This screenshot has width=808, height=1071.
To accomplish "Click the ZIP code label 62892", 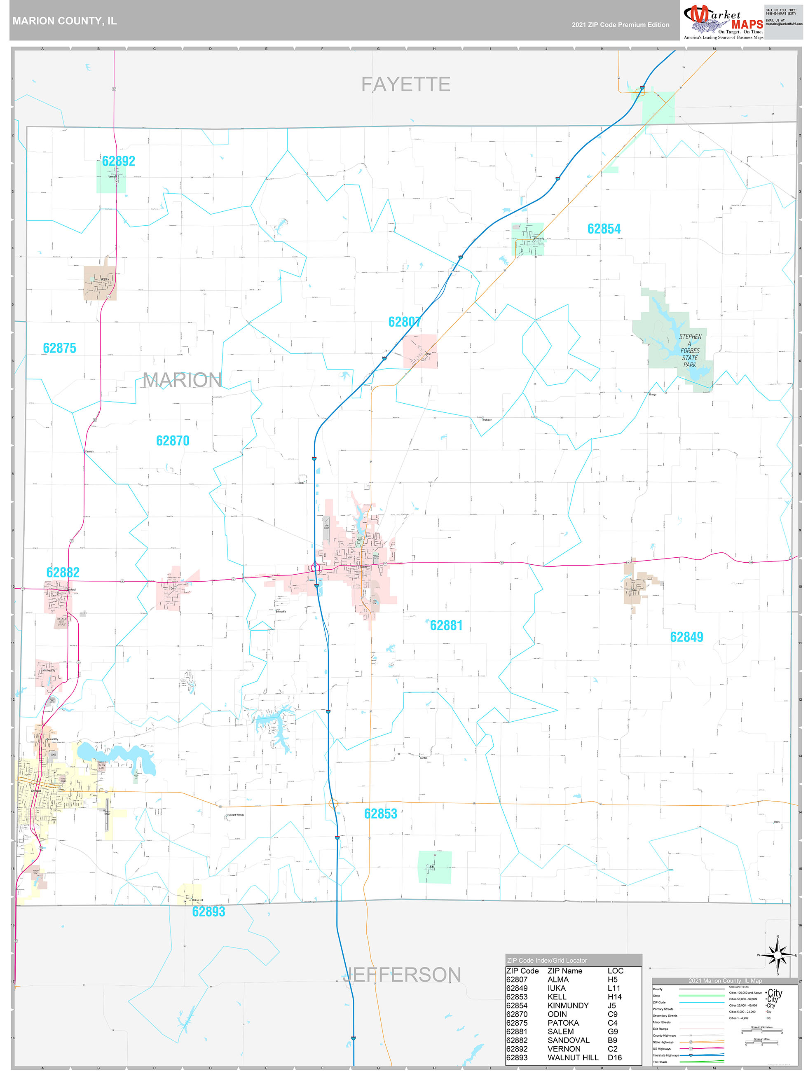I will [118, 161].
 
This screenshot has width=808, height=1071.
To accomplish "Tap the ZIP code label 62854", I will [604, 229].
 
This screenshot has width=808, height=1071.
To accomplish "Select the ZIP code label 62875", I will [60, 348].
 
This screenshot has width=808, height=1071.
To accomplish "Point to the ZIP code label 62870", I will [173, 441].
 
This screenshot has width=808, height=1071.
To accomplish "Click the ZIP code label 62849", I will [686, 637].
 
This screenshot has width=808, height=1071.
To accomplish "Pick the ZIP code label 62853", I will [380, 814].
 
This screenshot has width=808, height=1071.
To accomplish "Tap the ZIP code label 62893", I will [208, 912].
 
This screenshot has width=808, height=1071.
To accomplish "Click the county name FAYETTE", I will [405, 84].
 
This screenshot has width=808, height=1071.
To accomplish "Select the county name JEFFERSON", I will [402, 975].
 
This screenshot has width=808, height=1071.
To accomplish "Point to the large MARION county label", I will [182, 380].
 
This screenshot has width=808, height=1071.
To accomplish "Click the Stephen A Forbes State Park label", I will [690, 351].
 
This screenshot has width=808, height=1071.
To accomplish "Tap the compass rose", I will [778, 955].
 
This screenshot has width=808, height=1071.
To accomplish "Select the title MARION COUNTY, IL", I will [64, 21].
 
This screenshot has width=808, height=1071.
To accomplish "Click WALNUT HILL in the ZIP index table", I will [573, 1057].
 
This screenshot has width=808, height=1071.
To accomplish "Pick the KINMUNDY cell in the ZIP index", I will [568, 1005].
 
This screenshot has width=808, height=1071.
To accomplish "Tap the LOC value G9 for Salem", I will [612, 1031].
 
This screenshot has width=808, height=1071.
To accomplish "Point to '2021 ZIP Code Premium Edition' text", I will [620, 25].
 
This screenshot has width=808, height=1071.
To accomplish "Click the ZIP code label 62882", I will [63, 572].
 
